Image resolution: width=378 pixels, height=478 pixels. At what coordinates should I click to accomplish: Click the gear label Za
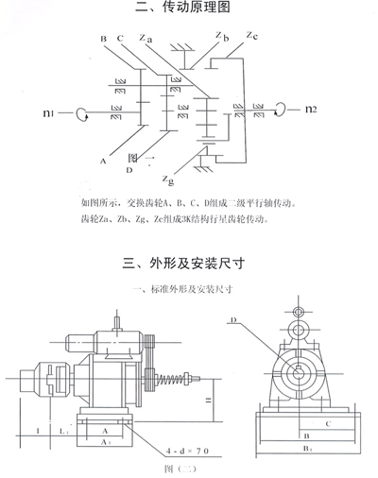point(144,39)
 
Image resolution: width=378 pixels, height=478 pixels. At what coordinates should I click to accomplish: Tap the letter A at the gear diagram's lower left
point(100,162)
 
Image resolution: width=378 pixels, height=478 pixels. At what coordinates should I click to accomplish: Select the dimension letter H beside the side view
point(208,401)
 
